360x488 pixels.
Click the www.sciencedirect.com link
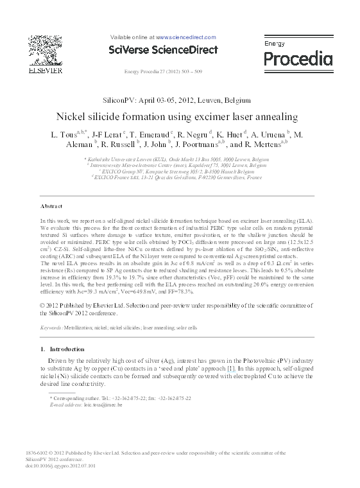tap(186, 38)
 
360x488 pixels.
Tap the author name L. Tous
tap(62, 135)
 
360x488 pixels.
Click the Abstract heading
tap(51, 206)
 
